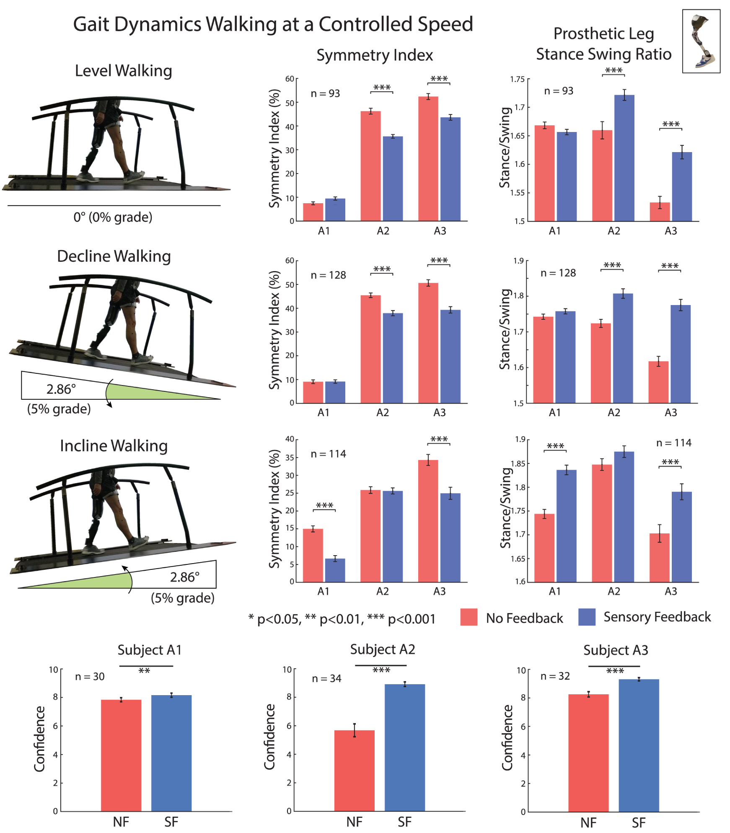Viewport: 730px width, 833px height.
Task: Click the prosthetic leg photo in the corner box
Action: click(701, 41)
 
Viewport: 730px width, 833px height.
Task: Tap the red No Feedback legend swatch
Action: click(469, 617)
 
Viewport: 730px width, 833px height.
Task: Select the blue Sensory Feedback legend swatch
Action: click(586, 617)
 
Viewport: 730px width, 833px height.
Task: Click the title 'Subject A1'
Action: click(149, 650)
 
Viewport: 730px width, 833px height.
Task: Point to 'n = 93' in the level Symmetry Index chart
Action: click(325, 93)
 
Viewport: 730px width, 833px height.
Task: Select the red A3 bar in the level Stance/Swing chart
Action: click(660, 212)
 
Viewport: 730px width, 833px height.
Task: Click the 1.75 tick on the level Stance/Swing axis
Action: click(517, 79)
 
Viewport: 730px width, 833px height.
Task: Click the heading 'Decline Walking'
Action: click(114, 256)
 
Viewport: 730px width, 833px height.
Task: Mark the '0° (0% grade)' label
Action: click(113, 217)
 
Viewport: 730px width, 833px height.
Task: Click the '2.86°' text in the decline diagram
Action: click(61, 389)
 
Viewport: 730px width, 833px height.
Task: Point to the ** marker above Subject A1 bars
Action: click(144, 671)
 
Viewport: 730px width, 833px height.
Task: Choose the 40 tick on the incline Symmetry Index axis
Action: click(290, 439)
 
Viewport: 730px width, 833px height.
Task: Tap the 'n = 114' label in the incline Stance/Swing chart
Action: click(673, 443)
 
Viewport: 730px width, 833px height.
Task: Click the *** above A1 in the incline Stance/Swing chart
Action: click(555, 446)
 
